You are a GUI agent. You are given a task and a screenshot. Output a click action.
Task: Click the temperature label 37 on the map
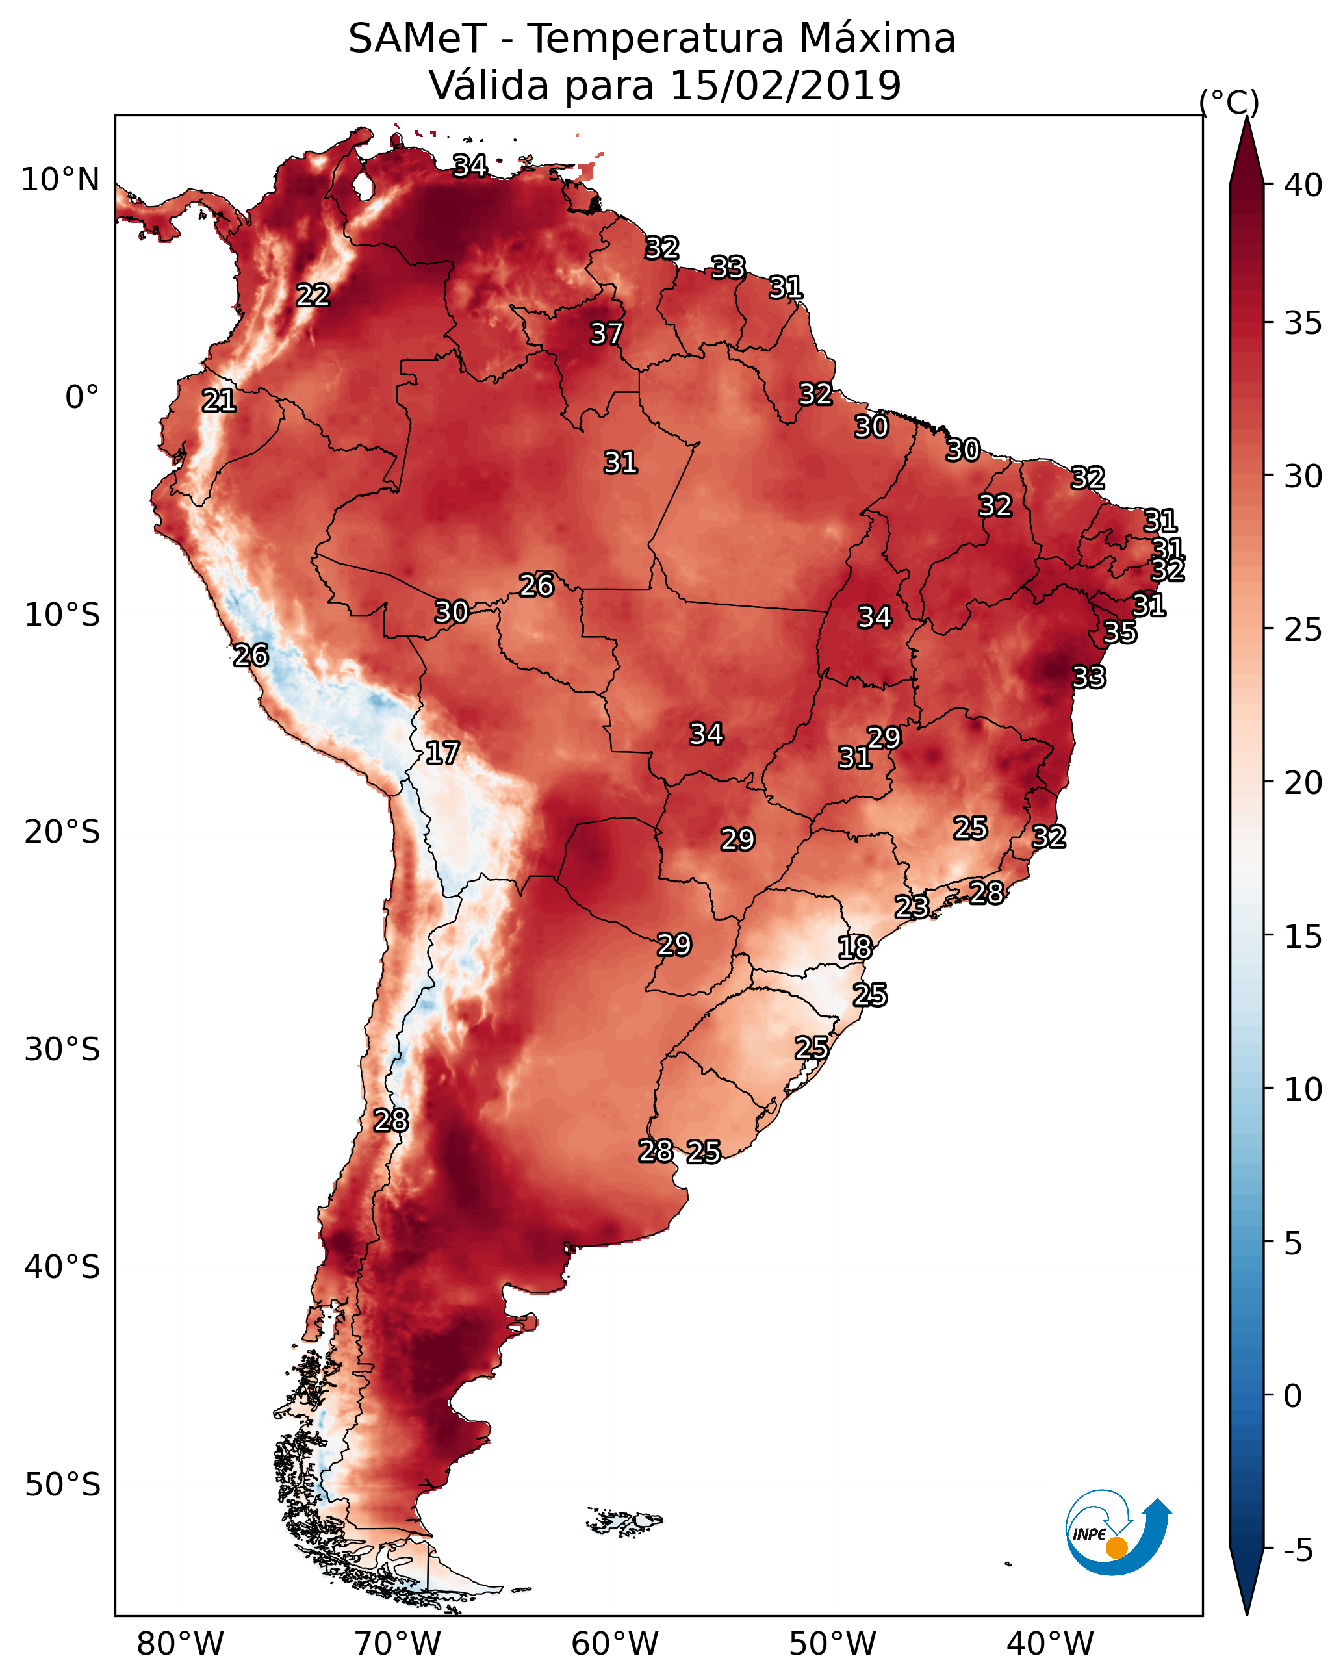pos(606,333)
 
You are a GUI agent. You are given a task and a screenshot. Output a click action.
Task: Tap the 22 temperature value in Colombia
pos(313,294)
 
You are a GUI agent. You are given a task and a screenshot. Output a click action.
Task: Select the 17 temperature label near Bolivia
pos(442,753)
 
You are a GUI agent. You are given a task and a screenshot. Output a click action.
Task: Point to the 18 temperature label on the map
pos(854,948)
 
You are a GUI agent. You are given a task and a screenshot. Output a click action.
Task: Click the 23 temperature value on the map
pos(911,906)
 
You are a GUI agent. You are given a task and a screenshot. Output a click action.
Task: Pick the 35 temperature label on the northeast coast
pos(1120,632)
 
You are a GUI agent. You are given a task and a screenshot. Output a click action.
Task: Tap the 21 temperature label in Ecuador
pos(219,401)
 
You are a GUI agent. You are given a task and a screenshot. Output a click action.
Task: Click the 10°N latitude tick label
pos(60,180)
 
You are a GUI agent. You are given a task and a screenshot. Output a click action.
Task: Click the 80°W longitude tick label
pos(180,1644)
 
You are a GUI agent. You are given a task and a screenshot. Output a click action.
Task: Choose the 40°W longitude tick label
pos(1050,1644)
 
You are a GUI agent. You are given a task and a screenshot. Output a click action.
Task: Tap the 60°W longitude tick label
pos(615,1644)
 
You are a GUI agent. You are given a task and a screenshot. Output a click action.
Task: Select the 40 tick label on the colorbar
pos(1303,185)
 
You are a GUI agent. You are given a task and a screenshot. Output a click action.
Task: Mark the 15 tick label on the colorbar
pos(1303,936)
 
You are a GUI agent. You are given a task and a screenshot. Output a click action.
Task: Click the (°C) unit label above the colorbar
pos(1229,102)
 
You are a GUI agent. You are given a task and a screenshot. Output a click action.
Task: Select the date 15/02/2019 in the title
pos(785,86)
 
